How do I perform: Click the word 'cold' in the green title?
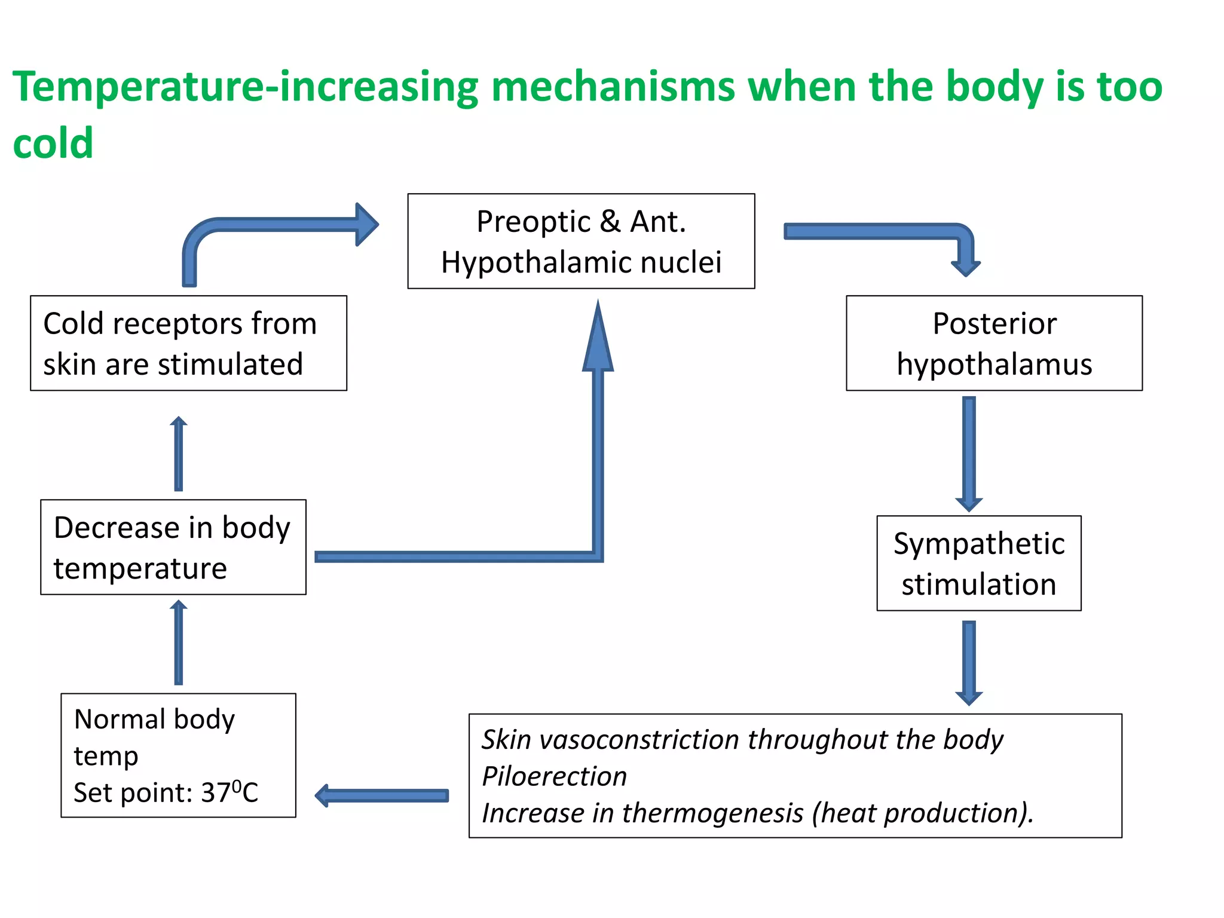click(x=53, y=143)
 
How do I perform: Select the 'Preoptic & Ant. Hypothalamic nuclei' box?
click(x=581, y=241)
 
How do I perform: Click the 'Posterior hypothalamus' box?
click(x=994, y=343)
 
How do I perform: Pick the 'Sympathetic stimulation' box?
click(x=978, y=563)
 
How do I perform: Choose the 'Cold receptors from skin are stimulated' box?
click(x=188, y=343)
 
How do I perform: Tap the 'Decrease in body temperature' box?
click(x=173, y=547)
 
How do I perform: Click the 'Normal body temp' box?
click(x=178, y=755)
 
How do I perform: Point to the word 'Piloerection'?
click(x=554, y=776)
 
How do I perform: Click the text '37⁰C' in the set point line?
click(x=229, y=792)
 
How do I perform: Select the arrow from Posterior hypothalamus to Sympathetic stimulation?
click(x=969, y=453)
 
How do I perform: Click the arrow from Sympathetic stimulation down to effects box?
click(x=969, y=662)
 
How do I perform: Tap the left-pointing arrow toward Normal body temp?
click(x=382, y=795)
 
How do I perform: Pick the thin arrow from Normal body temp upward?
click(x=178, y=643)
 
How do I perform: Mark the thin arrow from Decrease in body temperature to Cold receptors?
click(x=178, y=454)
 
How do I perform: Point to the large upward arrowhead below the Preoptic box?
click(x=598, y=341)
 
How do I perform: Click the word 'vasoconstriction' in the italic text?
click(x=639, y=740)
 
